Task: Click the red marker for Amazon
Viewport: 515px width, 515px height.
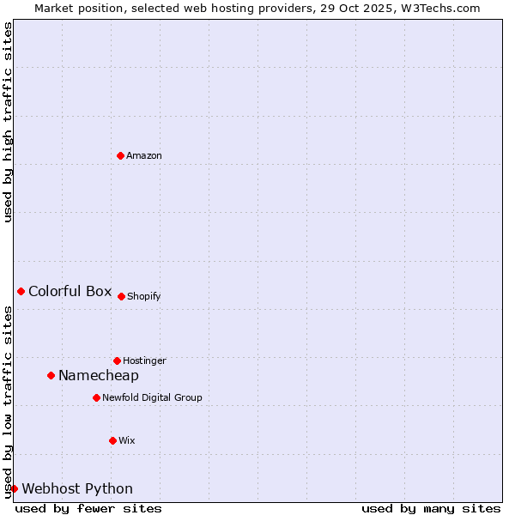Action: tap(120, 155)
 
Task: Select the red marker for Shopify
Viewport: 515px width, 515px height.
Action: tap(121, 296)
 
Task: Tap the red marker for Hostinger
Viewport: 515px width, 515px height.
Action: tap(117, 360)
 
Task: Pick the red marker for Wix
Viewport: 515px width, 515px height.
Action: tap(112, 440)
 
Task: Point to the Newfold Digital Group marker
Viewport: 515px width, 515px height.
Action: tap(96, 397)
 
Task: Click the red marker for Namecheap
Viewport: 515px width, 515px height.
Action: tap(51, 375)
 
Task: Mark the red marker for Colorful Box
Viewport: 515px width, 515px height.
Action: tap(21, 291)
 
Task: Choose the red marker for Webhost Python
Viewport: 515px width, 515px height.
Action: tap(14, 488)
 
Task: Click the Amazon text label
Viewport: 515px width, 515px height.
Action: tap(144, 155)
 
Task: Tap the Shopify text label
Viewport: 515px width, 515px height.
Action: tap(144, 296)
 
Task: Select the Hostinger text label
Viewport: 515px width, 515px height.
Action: tap(144, 360)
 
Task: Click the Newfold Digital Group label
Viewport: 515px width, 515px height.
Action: tap(152, 397)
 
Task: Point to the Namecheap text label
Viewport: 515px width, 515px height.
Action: tap(99, 375)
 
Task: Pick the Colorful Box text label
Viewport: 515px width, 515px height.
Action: tap(70, 291)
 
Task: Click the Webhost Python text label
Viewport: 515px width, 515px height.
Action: tap(77, 488)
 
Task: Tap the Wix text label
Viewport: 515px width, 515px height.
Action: tap(127, 440)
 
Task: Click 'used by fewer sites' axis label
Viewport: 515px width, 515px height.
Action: tap(88, 508)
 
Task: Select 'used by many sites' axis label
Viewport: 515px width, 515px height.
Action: tap(431, 508)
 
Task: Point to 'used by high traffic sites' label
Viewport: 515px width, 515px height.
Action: tap(8, 122)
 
